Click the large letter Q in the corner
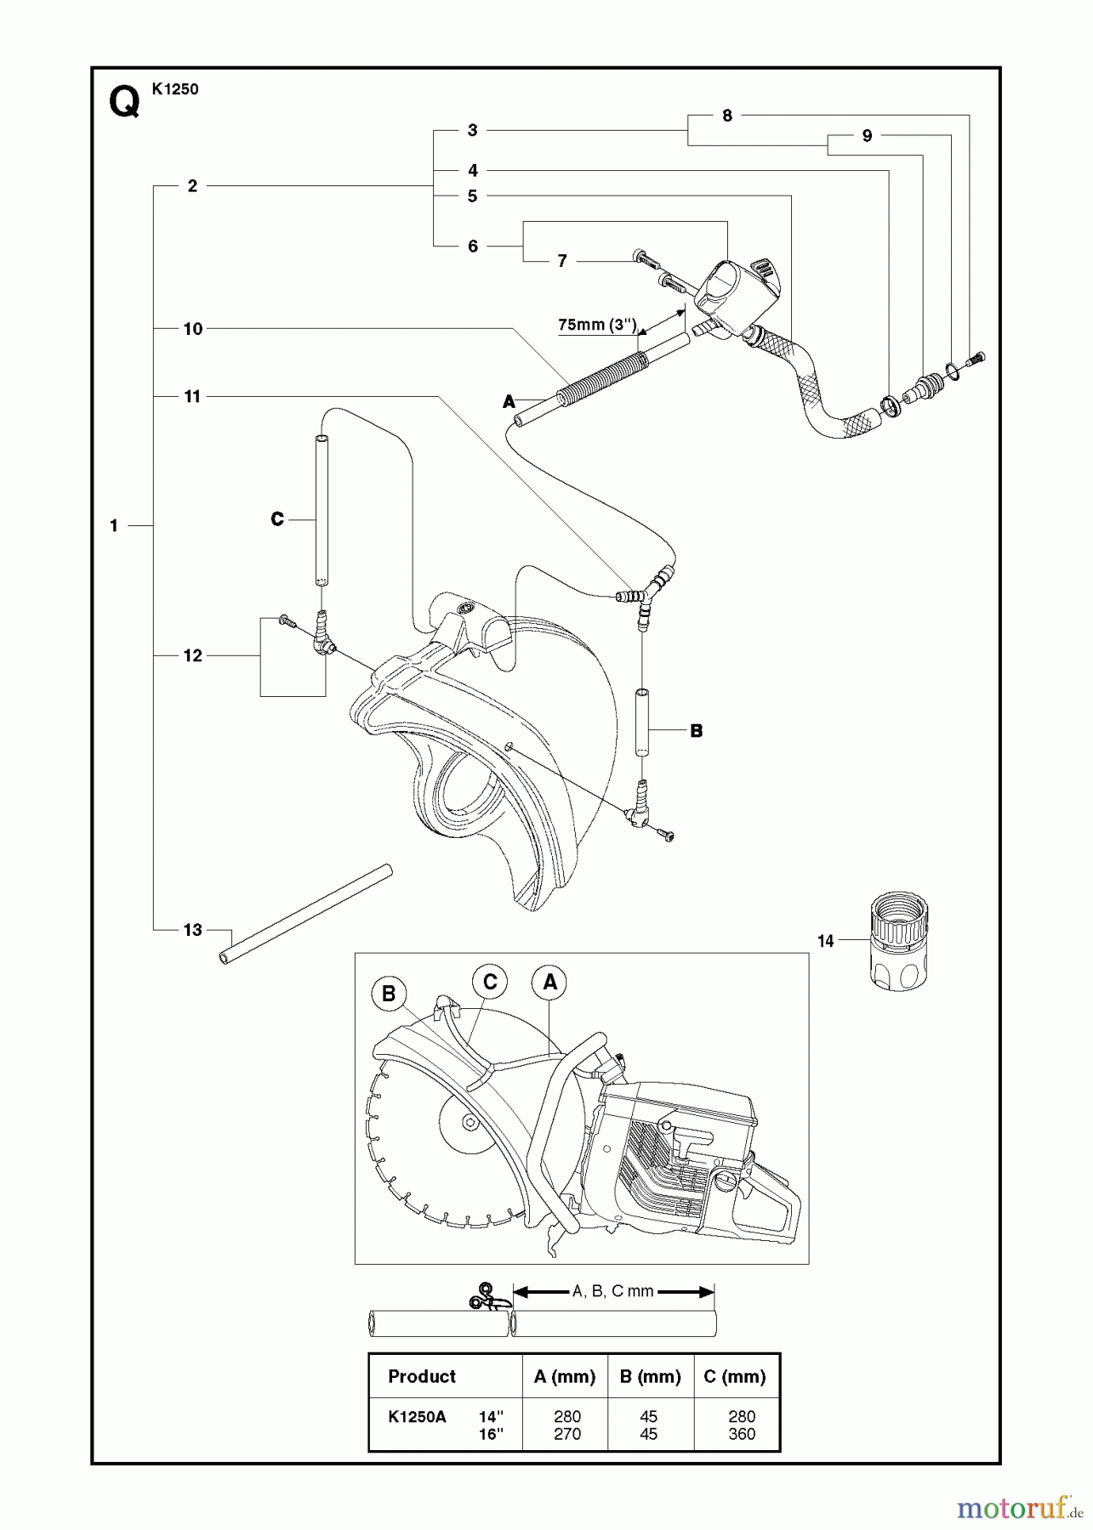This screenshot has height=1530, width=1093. pyautogui.click(x=124, y=104)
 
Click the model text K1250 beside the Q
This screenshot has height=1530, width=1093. pyautogui.click(x=175, y=89)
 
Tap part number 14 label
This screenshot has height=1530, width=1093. pyautogui.click(x=825, y=941)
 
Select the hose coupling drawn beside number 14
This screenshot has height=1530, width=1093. pyautogui.click(x=899, y=941)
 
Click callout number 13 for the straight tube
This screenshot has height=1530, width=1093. pyautogui.click(x=193, y=930)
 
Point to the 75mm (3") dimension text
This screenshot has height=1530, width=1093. pyautogui.click(x=597, y=325)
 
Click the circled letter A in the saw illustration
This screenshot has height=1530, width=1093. pyautogui.click(x=549, y=983)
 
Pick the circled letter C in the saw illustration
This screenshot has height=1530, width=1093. pyautogui.click(x=490, y=983)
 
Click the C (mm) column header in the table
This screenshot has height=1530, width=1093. pyautogui.click(x=735, y=1377)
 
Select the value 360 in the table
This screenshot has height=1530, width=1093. pyautogui.click(x=742, y=1434)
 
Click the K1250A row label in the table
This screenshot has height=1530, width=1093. pyautogui.click(x=417, y=1417)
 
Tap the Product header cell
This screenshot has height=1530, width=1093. pyautogui.click(x=422, y=1377)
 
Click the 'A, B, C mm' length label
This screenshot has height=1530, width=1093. pyautogui.click(x=613, y=1291)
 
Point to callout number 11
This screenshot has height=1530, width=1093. pyautogui.click(x=193, y=397)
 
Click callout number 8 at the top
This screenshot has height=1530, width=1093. pyautogui.click(x=727, y=116)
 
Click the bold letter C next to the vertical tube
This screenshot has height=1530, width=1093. pyautogui.click(x=277, y=519)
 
